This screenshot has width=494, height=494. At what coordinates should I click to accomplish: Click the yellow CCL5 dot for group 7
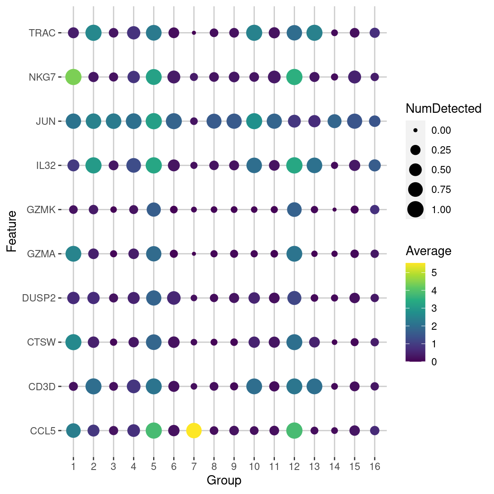(194, 431)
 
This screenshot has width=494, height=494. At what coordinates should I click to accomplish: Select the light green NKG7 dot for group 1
(73, 77)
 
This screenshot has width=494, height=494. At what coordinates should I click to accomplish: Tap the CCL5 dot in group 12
(294, 431)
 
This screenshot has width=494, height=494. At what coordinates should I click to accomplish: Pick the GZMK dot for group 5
(154, 210)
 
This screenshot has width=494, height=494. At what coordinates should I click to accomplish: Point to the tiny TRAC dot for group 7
(194, 33)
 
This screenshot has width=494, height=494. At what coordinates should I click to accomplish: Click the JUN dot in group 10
(254, 121)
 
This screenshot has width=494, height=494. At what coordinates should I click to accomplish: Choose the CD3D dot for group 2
(93, 386)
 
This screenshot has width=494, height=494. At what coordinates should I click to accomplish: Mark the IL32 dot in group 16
(375, 166)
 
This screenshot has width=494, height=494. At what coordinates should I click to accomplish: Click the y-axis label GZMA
(41, 254)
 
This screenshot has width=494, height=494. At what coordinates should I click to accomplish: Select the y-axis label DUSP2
(39, 298)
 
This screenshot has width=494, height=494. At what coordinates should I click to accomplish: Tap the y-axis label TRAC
(42, 33)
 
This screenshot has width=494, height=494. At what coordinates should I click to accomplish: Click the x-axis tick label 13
(314, 467)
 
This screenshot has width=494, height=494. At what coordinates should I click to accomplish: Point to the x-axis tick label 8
(214, 467)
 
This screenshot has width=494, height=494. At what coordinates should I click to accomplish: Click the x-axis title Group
(224, 480)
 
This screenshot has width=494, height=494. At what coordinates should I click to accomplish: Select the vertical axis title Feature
(12, 232)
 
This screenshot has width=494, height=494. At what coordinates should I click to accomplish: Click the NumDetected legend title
(443, 108)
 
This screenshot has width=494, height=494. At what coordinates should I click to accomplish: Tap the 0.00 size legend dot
(416, 130)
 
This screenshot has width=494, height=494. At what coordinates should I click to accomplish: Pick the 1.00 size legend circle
(416, 210)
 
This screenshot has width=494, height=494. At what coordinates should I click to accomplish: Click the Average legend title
(428, 251)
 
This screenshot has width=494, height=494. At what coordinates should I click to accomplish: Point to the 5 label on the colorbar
(434, 273)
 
